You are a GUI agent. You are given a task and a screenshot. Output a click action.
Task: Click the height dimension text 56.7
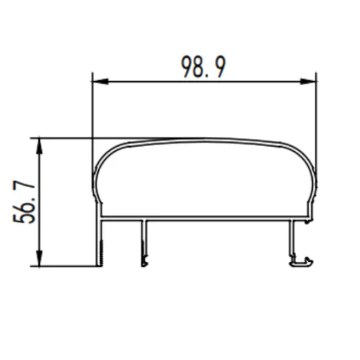[27, 204]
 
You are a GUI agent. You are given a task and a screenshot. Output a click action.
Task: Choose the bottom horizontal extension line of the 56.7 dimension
[65, 266]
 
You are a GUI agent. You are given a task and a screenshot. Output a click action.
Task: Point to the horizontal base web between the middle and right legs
[216, 219]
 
